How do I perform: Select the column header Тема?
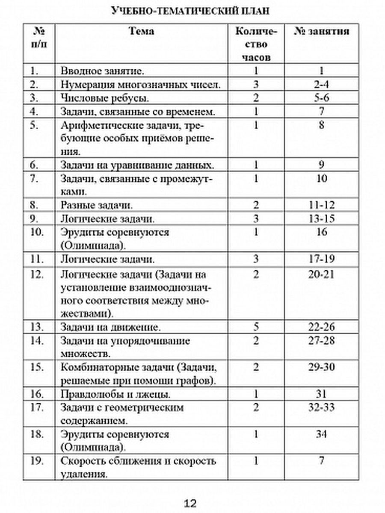pyautogui.click(x=142, y=31)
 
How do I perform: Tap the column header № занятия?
pyautogui.click(x=322, y=31)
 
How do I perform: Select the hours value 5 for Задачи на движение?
pyautogui.click(x=256, y=328)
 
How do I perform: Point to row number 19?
pyautogui.click(x=38, y=461)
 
